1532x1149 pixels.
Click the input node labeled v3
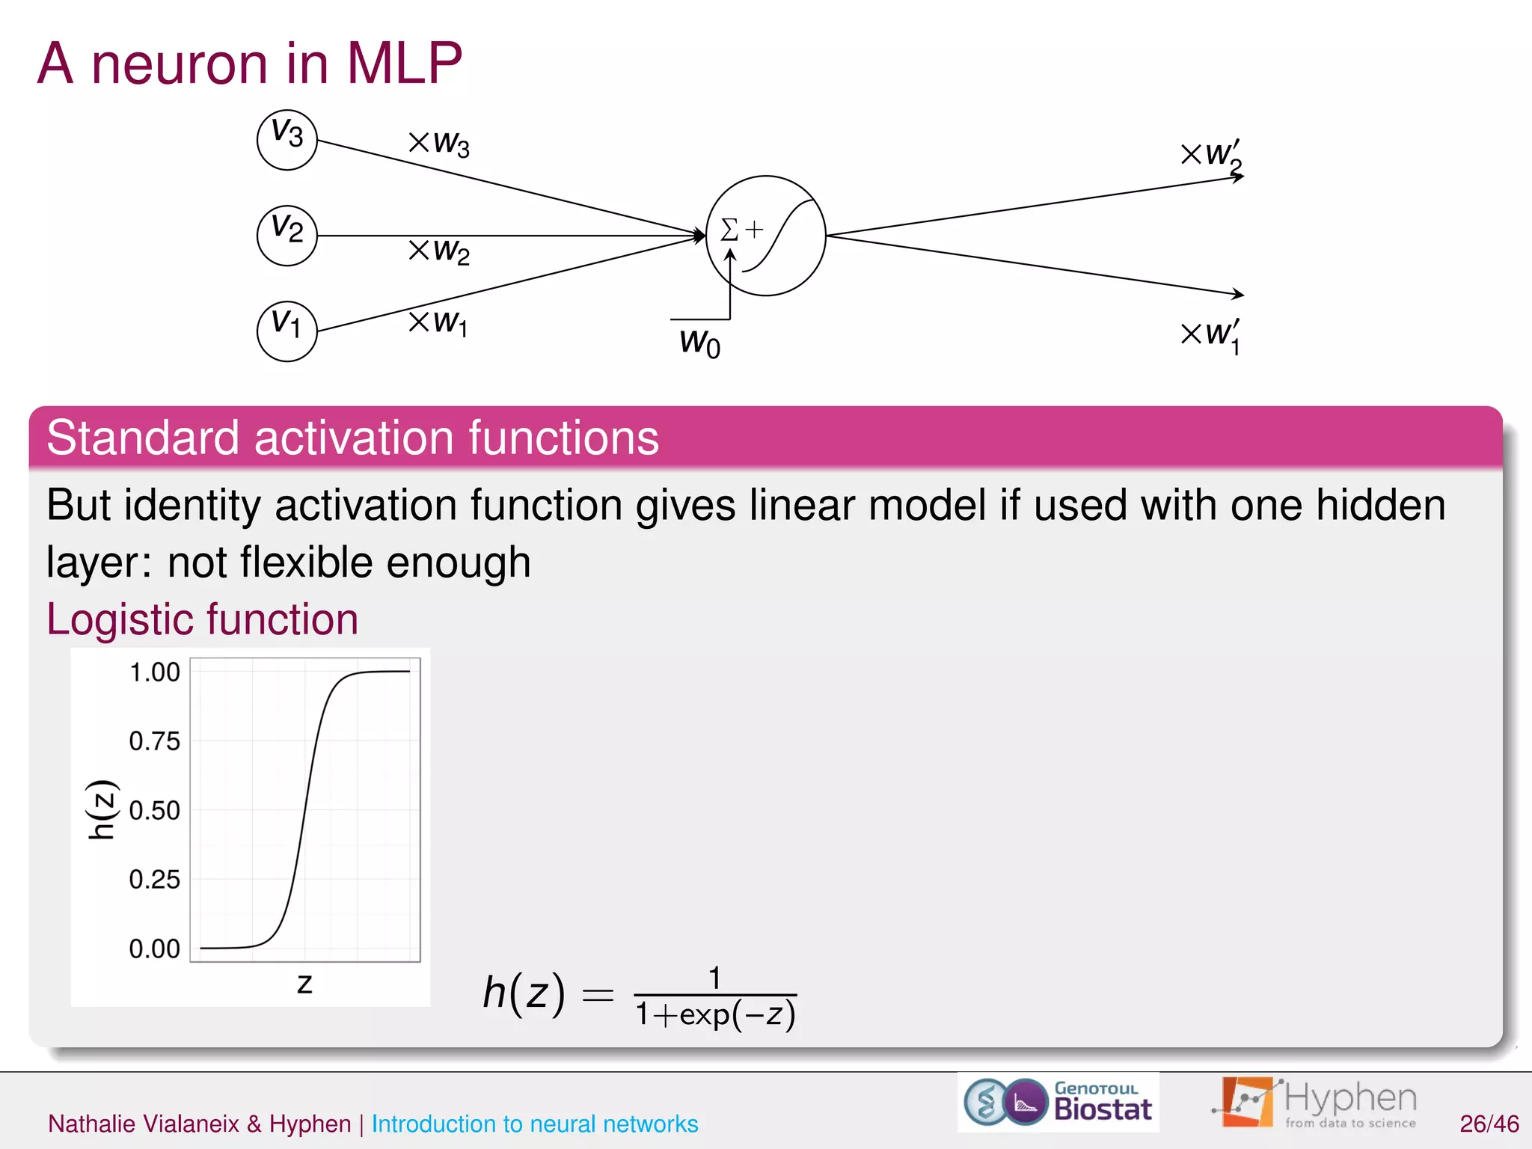[287, 140]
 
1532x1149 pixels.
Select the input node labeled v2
[287, 235]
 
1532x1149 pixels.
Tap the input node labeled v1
[287, 331]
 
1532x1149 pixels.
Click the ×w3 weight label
[439, 143]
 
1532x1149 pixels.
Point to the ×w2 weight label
[439, 251]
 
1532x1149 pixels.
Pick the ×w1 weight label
[438, 323]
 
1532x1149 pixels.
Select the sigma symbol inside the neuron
[729, 230]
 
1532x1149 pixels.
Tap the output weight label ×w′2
[1211, 156]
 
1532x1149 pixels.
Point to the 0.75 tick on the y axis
[155, 741]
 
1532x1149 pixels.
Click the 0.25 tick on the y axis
[155, 879]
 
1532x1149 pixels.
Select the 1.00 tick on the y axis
[155, 672]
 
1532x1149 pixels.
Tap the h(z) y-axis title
[101, 809]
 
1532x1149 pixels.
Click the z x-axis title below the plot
[304, 983]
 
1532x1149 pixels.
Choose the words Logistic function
[203, 619]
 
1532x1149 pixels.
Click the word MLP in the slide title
[405, 63]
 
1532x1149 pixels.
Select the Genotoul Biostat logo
[1058, 1102]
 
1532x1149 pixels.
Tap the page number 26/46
[1489, 1124]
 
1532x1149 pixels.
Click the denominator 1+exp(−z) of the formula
[715, 1015]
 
